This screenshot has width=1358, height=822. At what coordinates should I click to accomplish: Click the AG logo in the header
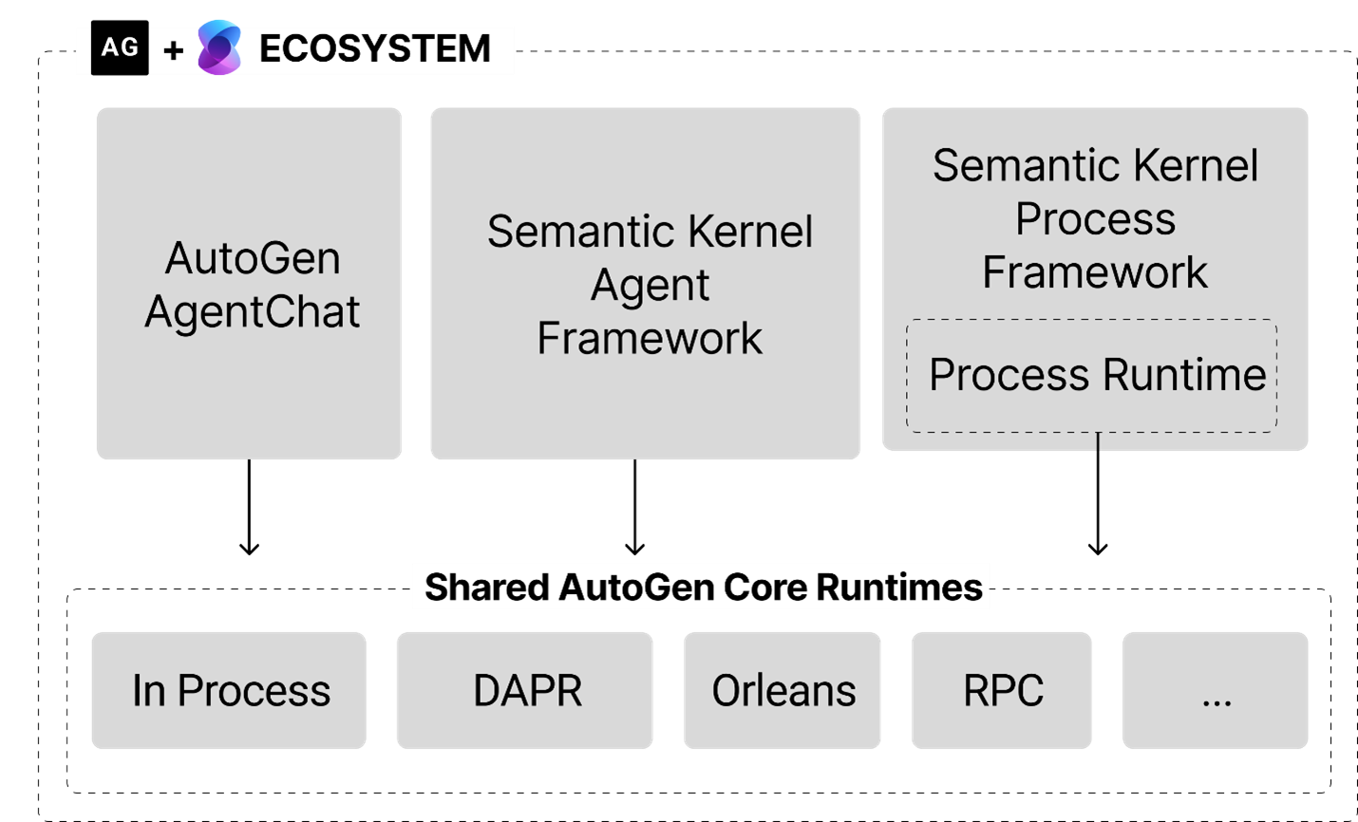point(119,47)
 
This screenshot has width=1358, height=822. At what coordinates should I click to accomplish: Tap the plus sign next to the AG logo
point(173,50)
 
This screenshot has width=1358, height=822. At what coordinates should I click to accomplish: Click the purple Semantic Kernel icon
point(219,47)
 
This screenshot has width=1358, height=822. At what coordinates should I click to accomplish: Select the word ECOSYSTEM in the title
point(374,49)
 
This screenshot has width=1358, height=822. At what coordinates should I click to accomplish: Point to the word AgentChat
point(253,312)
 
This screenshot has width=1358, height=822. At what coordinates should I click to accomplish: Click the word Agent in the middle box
point(650,286)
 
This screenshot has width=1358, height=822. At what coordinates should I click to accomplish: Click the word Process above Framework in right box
point(1095,220)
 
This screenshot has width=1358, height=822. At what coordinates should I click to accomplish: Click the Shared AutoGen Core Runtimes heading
point(702,587)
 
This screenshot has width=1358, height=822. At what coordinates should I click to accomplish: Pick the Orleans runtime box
point(783,690)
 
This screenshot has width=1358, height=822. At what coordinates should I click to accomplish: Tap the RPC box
point(1002,690)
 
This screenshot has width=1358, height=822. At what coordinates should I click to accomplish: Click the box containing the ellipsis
point(1216,690)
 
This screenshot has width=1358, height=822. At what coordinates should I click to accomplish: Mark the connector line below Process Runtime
point(1098,442)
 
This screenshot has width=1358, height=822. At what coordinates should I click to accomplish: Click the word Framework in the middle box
point(650,339)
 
